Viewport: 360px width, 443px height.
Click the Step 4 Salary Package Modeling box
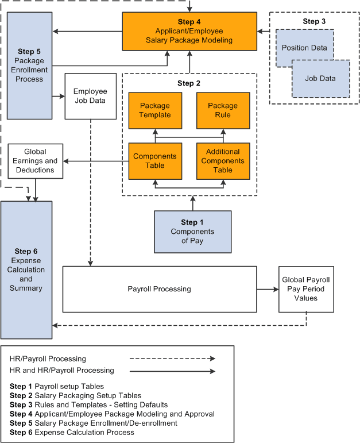(189, 31)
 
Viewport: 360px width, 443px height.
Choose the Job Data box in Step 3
(320, 78)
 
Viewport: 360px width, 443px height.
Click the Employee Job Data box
(91, 96)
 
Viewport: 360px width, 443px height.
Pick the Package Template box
(155, 110)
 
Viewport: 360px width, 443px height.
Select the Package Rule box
(223, 110)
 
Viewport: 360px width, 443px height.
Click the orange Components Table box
(155, 160)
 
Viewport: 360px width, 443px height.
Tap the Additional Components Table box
(223, 160)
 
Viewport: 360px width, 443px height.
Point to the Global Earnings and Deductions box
(35, 161)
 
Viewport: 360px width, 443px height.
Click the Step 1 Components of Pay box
(192, 232)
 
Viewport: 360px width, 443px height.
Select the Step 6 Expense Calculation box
(26, 269)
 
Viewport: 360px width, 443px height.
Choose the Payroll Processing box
(159, 289)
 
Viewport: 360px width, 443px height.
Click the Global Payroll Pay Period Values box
(305, 289)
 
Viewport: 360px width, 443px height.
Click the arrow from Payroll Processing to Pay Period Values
(267, 289)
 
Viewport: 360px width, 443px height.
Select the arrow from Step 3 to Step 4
(263, 31)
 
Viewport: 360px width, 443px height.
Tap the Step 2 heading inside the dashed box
(189, 83)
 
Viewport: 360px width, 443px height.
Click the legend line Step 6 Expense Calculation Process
(72, 432)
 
